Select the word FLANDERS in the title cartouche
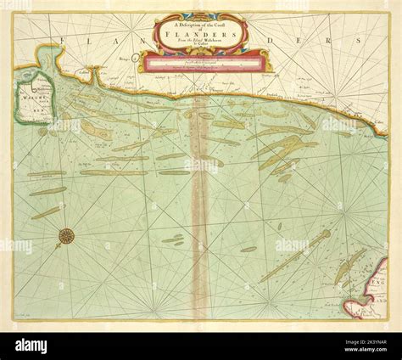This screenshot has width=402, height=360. click(200, 37)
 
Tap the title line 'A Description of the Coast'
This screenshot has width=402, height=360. click(200, 25)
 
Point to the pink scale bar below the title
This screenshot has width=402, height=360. click(200, 60)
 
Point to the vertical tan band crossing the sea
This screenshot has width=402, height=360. click(200, 212)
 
